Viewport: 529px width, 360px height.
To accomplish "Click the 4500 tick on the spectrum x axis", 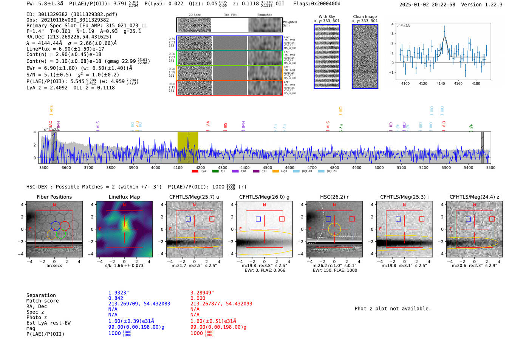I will point(267,167).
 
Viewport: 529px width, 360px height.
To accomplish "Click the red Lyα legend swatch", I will point(195,172).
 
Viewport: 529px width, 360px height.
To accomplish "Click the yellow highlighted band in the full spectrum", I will point(188,147).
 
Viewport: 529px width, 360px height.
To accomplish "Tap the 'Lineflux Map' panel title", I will point(124,197).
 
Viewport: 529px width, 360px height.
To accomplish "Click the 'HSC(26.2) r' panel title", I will point(334,197).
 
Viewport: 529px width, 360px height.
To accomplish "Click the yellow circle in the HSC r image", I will point(334,229).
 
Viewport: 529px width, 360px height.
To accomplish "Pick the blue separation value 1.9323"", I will point(119,293).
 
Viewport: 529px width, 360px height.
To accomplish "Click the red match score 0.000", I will point(198,298).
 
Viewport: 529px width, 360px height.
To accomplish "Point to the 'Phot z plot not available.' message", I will point(393,309).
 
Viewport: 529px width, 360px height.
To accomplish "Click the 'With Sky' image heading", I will point(327,17).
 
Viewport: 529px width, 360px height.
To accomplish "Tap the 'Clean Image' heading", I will point(365,17).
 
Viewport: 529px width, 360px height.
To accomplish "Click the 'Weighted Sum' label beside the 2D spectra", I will point(290,24).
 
